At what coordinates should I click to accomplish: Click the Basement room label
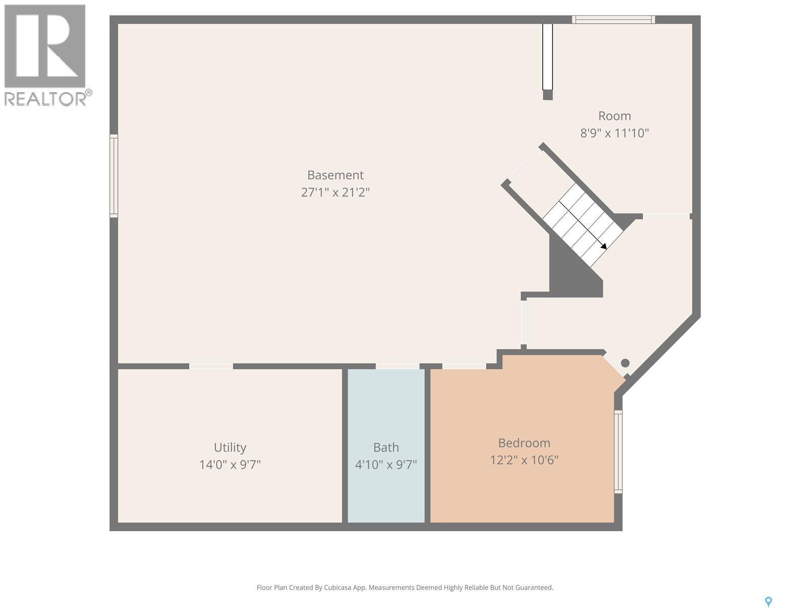[x=335, y=175]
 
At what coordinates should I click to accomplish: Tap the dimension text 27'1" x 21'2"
[x=335, y=192]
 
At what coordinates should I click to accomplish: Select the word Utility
[x=230, y=447]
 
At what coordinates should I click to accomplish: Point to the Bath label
[x=386, y=447]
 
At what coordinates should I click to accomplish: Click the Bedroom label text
[x=524, y=443]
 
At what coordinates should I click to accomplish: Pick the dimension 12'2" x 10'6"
[x=524, y=460]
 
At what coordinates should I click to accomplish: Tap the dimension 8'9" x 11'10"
[x=614, y=133]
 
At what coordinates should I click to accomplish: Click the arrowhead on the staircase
[x=603, y=246]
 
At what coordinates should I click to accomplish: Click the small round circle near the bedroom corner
[x=625, y=363]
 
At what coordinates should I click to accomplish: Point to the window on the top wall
[x=614, y=20]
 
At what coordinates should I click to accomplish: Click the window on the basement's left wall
[x=114, y=176]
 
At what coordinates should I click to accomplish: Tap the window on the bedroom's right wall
[x=618, y=451]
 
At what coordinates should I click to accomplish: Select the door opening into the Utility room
[x=211, y=366]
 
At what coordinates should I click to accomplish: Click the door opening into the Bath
[x=397, y=366]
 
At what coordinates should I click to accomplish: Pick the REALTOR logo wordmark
[x=48, y=98]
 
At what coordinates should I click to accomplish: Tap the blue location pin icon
[x=768, y=601]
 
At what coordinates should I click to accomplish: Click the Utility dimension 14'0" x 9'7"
[x=230, y=465]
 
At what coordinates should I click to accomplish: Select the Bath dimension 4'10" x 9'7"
[x=386, y=465]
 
